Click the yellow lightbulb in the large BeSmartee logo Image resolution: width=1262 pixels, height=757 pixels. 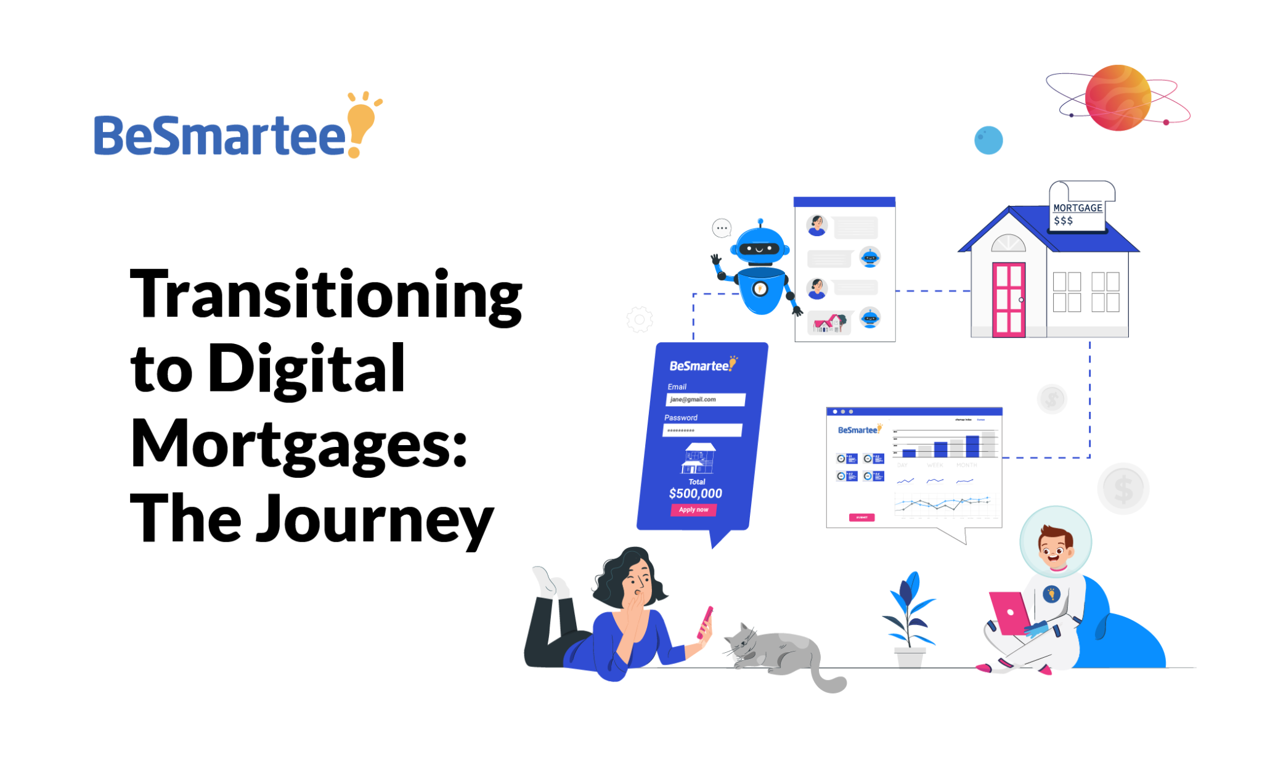tap(361, 121)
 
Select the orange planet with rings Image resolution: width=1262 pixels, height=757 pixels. tap(1117, 98)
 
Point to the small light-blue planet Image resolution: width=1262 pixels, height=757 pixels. tap(988, 141)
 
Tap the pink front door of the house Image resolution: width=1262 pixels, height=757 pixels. tap(1009, 300)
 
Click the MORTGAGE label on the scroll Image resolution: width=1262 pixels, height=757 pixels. tap(1077, 208)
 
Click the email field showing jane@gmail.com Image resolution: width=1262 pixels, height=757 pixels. tap(705, 399)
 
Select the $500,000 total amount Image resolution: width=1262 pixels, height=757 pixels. tap(695, 493)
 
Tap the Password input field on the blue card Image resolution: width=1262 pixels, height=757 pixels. tap(702, 430)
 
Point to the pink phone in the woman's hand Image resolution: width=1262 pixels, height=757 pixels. tap(705, 622)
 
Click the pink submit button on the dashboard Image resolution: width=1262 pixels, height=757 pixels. tap(861, 517)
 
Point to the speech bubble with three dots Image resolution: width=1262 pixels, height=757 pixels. tap(722, 228)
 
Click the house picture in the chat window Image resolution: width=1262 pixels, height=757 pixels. tap(829, 322)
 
